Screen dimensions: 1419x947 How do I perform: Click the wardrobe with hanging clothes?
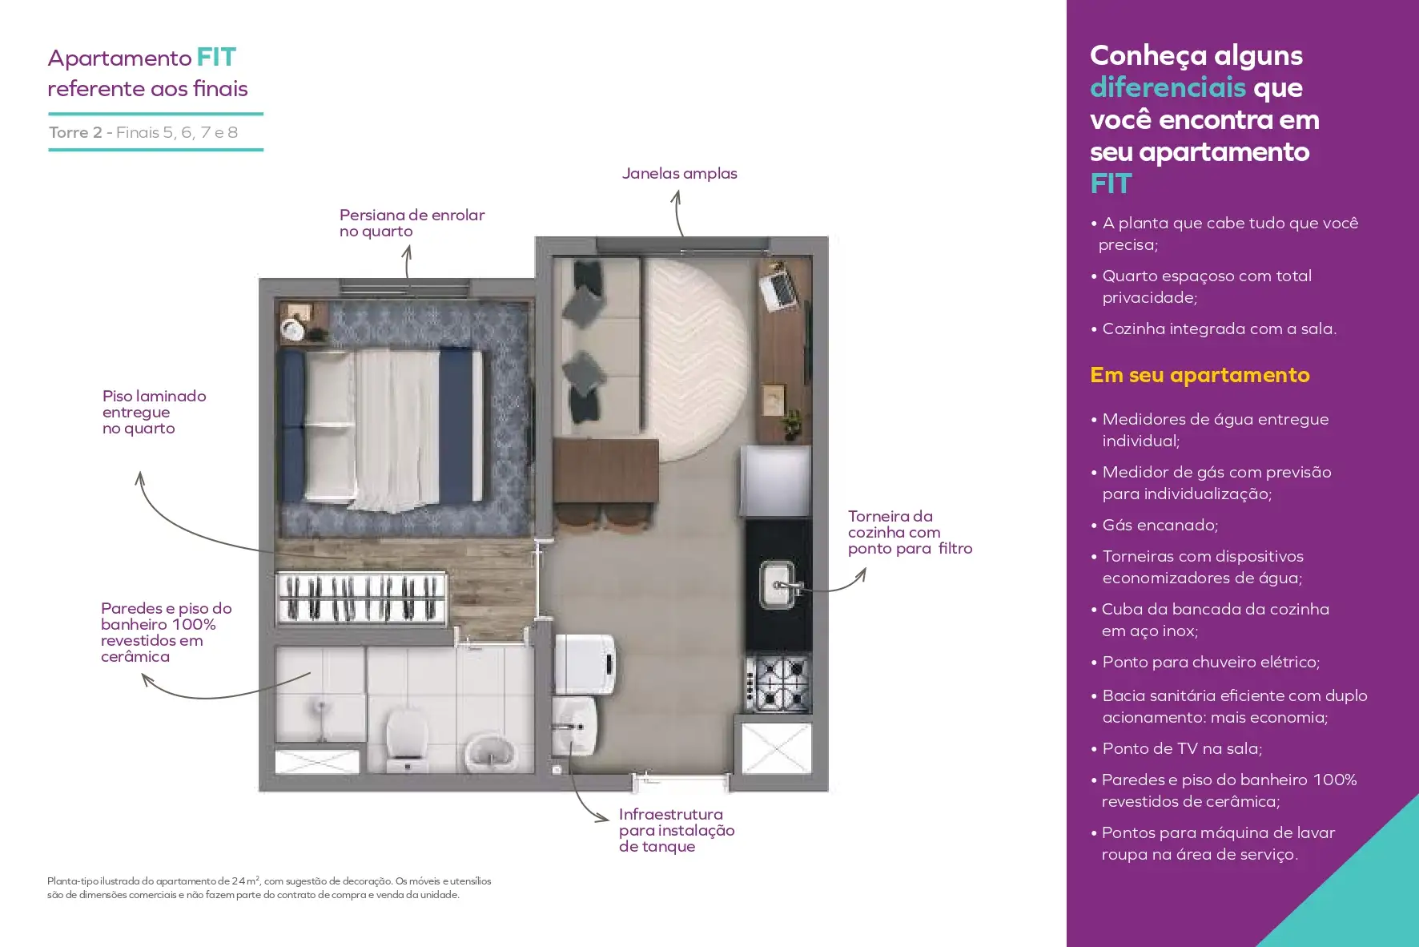(361, 598)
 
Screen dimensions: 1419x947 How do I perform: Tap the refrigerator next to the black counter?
(775, 482)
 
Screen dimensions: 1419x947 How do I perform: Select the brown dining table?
(605, 471)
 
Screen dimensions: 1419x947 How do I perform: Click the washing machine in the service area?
(585, 663)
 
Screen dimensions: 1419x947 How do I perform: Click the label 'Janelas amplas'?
(680, 173)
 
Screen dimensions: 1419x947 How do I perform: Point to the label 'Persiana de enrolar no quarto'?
(412, 223)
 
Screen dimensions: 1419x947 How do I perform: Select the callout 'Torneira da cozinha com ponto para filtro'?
(910, 532)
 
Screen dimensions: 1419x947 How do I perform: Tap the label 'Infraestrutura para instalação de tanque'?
(677, 830)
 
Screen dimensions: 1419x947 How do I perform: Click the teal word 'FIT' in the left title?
(216, 58)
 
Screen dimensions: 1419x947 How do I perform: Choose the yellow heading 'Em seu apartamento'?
(1200, 375)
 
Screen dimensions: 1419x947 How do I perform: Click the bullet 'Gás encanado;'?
(1160, 526)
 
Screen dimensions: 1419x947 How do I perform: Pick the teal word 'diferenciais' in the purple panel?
(1168, 87)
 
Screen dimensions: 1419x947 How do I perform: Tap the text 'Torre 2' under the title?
(75, 132)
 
